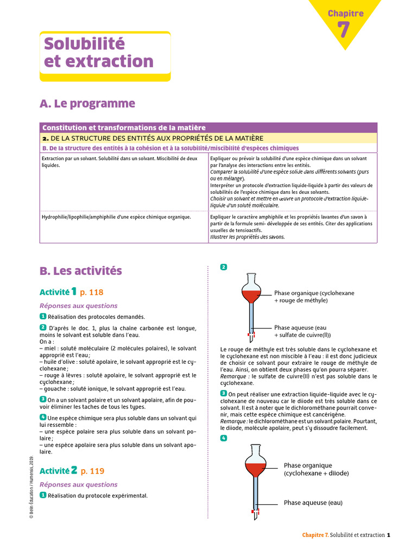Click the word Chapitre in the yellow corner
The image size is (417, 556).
[345, 13]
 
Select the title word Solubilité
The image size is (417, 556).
[84, 43]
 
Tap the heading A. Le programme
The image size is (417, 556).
[87, 103]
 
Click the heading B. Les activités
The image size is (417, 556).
[81, 270]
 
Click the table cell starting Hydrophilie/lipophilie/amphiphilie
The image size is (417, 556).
[116, 217]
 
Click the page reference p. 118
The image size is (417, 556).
[91, 292]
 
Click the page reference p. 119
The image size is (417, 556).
[92, 471]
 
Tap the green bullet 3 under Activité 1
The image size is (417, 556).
[43, 399]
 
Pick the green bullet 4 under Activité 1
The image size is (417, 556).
[43, 417]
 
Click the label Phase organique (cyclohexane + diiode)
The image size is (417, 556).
[316, 469]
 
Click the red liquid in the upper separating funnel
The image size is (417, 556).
[250, 296]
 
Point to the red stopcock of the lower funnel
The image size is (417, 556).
[255, 511]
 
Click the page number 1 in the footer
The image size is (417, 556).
[389, 535]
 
